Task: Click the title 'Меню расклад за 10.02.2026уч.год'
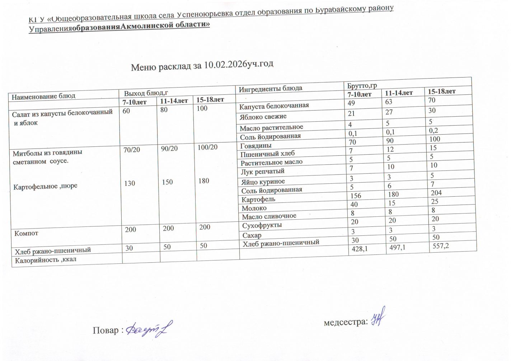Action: coord(202,66)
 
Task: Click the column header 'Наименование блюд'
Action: coord(43,96)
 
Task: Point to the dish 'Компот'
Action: coord(26,233)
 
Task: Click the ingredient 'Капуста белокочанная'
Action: coord(274,106)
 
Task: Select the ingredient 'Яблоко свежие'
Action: coord(263,117)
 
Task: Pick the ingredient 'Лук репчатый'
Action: coord(263,172)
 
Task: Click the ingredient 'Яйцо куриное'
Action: coord(263,182)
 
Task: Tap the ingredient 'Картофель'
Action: coord(258,199)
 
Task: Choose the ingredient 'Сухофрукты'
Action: coord(262,225)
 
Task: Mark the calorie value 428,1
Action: coord(362,249)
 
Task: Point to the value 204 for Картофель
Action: coord(436,193)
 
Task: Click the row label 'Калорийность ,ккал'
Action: coord(46,260)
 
